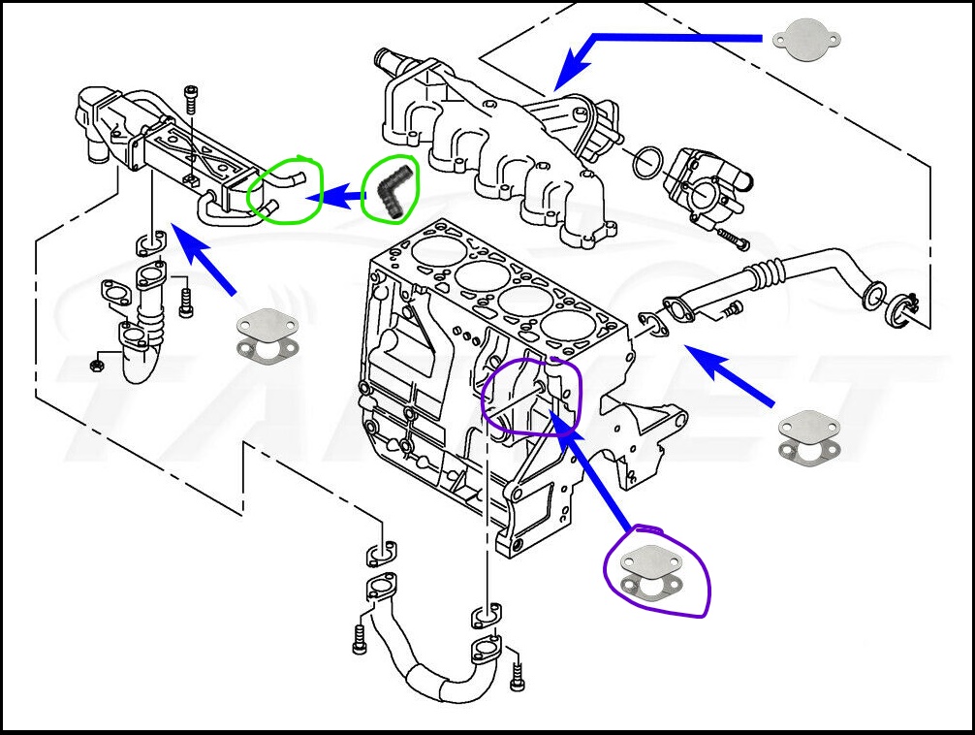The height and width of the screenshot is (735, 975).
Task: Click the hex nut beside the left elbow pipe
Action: (x=97, y=366)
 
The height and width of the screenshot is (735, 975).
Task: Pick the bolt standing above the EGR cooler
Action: (x=191, y=100)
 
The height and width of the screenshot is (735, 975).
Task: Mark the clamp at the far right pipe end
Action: (x=906, y=307)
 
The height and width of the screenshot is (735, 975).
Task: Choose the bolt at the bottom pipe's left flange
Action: (x=360, y=639)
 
